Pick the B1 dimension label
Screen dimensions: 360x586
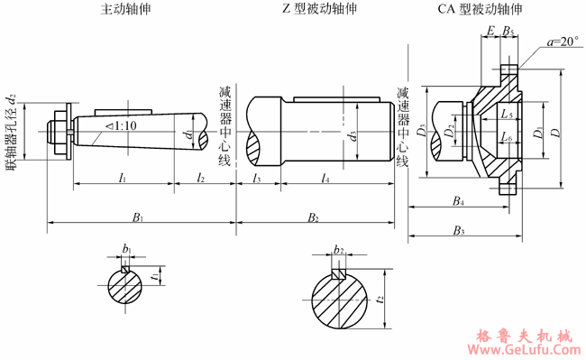coord(139,217)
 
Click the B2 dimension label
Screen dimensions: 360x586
coord(314,217)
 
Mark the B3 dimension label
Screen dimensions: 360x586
coord(460,231)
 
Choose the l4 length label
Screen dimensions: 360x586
coord(325,180)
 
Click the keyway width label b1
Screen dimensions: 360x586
coord(127,249)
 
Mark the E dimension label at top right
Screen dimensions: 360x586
coord(490,32)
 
